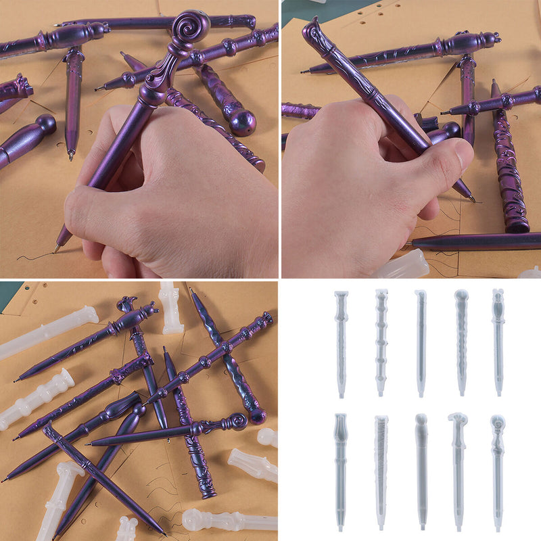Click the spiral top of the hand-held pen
click(x=188, y=26)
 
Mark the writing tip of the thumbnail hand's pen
click(x=473, y=199)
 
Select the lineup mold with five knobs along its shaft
click(x=381, y=342)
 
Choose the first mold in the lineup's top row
click(x=341, y=342)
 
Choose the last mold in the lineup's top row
click(x=498, y=342)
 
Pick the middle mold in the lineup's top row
click(x=421, y=342)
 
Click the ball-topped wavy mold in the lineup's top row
click(x=461, y=342)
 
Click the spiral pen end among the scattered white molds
click(x=237, y=422)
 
